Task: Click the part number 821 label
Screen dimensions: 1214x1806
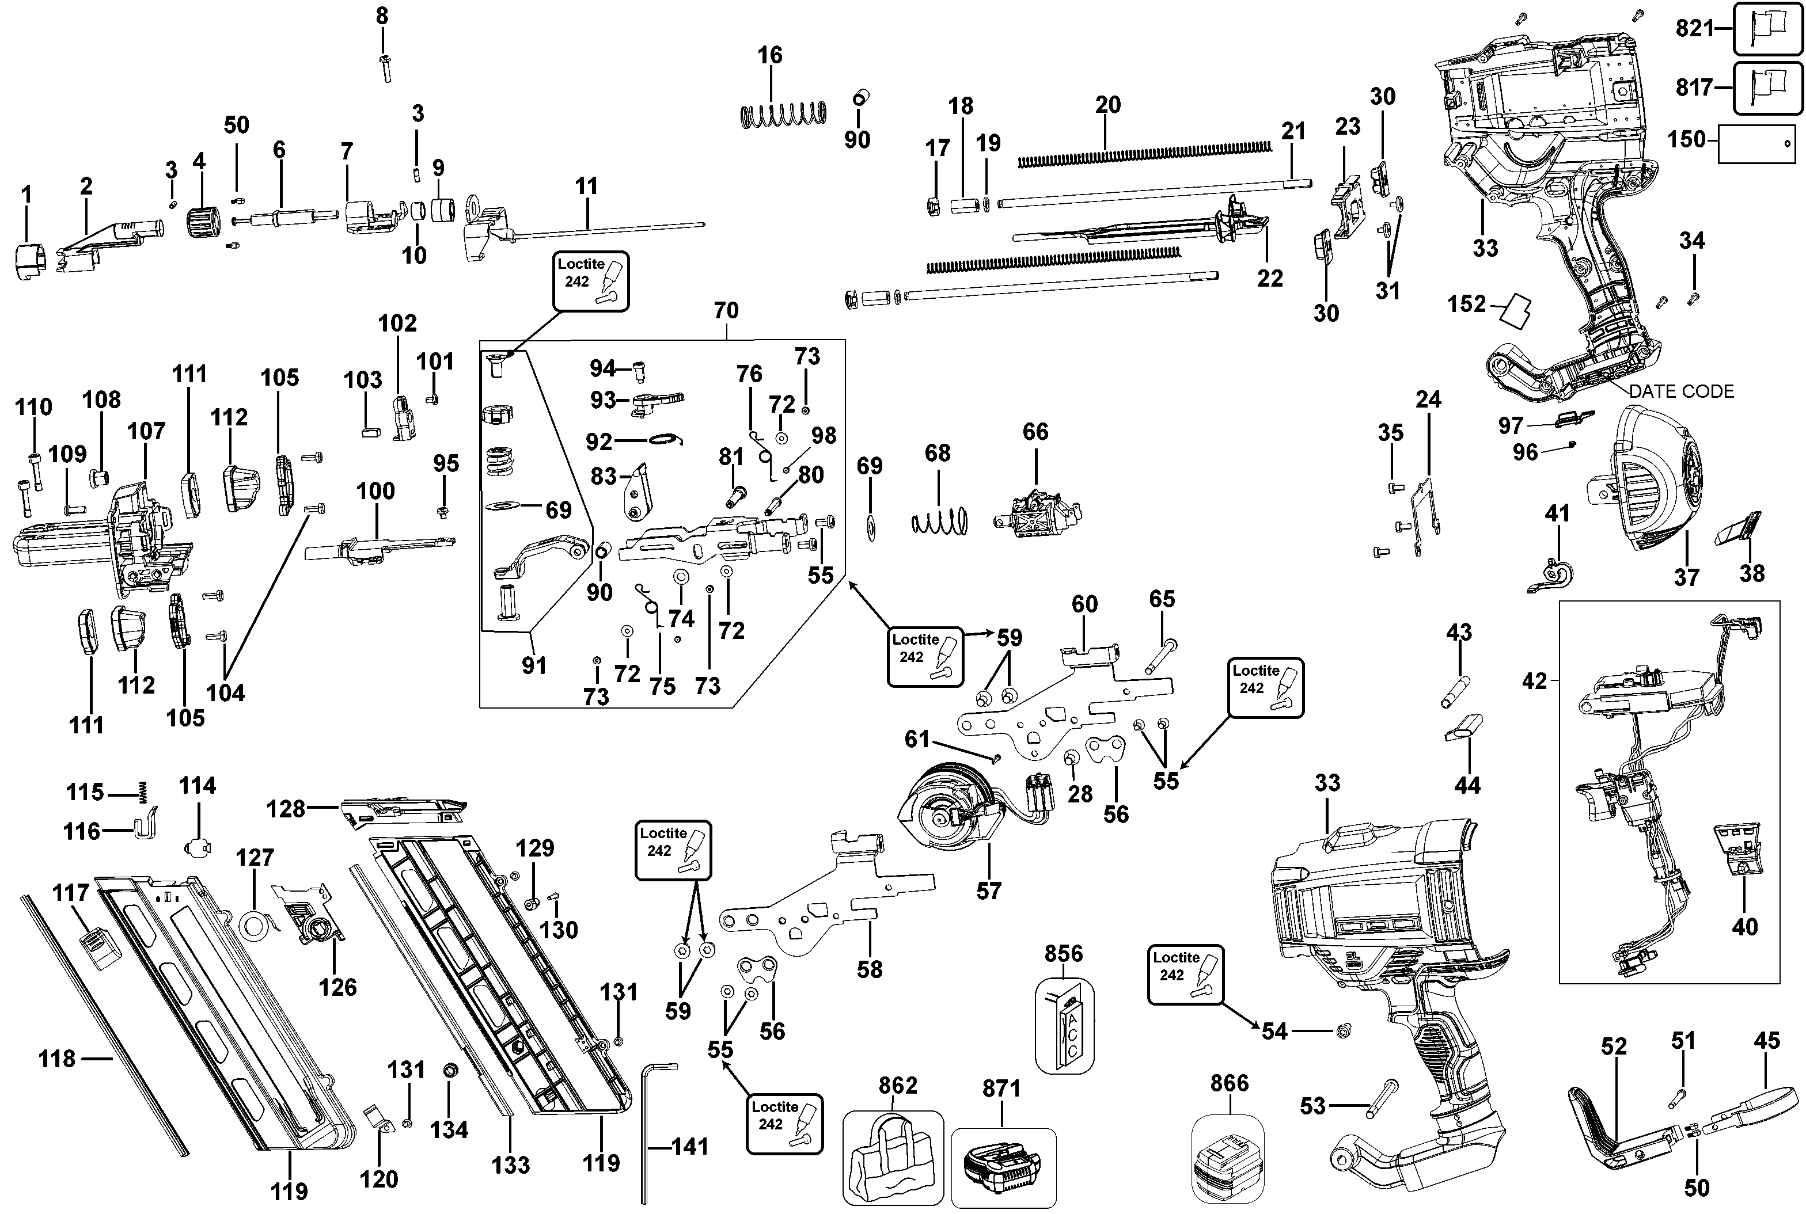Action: [x=1694, y=29]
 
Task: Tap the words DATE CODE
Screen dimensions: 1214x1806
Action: [x=1680, y=392]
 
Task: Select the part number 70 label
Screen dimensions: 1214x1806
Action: [x=726, y=310]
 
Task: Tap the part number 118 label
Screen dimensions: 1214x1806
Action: [x=58, y=1059]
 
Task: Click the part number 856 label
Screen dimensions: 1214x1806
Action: [x=1063, y=953]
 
